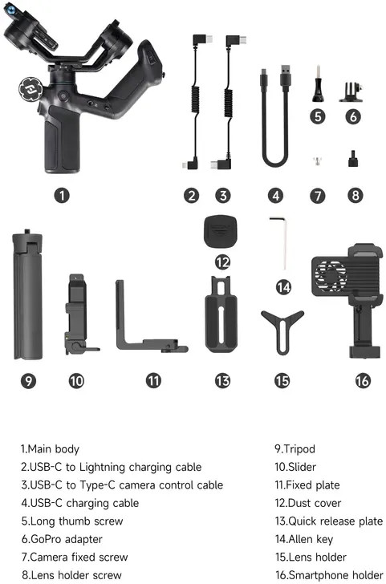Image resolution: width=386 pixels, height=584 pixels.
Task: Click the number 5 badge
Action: point(318,116)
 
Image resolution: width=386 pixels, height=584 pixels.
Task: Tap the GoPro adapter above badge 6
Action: point(351,91)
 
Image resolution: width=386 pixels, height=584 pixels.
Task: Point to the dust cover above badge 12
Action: point(221,230)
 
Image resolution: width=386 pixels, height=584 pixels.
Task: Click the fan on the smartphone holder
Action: point(330,276)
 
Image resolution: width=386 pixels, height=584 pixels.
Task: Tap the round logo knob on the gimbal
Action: point(31,89)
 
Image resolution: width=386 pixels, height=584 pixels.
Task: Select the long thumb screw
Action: point(318,83)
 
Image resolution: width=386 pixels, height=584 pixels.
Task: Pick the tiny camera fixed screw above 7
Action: point(318,160)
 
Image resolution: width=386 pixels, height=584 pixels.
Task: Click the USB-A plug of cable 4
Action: point(286,77)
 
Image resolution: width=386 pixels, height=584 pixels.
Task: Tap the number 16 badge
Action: point(363,380)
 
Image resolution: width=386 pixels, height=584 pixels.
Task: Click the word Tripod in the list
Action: point(299,449)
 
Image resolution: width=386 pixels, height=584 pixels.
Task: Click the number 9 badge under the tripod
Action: point(28,380)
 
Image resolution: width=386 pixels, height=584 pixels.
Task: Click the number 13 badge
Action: point(222,380)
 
